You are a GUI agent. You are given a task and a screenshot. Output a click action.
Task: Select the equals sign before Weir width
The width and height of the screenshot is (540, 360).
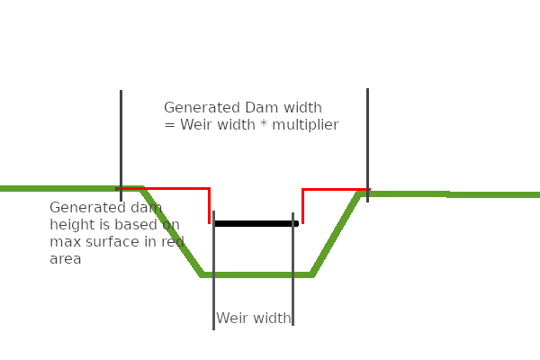[169, 125]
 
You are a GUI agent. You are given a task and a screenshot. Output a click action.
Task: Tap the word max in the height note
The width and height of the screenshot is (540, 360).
[64, 242]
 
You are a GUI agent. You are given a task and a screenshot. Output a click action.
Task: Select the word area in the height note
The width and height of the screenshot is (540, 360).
[66, 259]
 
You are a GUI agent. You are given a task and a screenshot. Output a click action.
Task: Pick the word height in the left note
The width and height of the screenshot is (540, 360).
[70, 225]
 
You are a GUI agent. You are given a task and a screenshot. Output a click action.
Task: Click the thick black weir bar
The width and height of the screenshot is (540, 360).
[256, 223]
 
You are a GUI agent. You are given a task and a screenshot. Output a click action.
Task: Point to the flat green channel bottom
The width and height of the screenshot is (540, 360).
[256, 274]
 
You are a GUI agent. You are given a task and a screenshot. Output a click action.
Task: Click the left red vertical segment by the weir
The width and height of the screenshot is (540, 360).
[209, 205]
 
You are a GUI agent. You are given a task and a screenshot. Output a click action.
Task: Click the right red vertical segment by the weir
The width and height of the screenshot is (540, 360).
[302, 205]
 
